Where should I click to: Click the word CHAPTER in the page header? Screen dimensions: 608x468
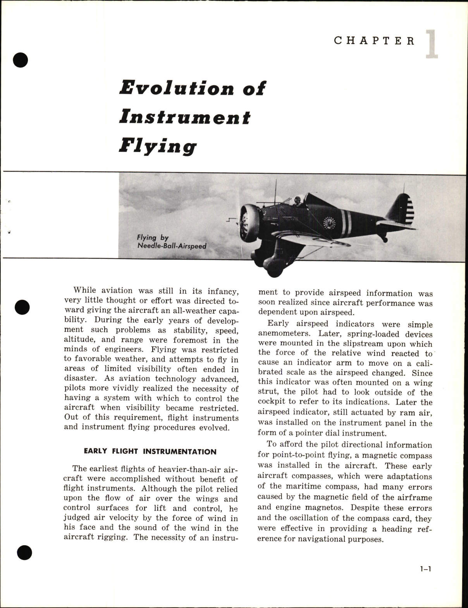click(x=374, y=41)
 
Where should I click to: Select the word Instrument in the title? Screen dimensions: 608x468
click(x=185, y=117)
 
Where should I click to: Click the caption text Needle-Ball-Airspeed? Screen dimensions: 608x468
click(x=171, y=246)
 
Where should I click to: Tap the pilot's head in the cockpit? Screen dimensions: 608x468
click(x=297, y=202)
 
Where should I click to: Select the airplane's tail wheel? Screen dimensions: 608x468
click(x=385, y=240)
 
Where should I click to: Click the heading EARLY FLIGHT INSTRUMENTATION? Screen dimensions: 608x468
click(x=150, y=452)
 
